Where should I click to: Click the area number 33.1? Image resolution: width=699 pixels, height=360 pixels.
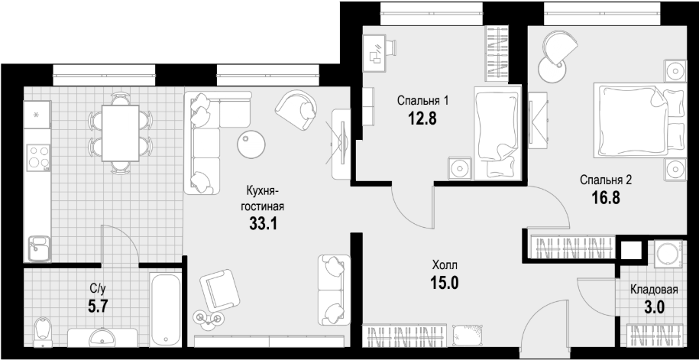click(263, 223)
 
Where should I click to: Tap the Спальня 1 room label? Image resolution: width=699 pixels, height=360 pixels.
click(422, 101)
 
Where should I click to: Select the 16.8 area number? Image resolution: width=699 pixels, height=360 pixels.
click(606, 196)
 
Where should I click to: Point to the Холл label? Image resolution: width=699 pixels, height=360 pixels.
click(445, 266)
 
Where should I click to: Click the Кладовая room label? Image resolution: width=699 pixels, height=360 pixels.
click(654, 290)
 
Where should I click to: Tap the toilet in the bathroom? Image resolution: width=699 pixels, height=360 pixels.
click(43, 332)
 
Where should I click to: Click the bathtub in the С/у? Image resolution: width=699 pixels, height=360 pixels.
click(165, 310)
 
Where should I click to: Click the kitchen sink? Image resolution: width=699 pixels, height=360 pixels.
click(39, 248)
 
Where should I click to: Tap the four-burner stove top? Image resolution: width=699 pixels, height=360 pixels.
click(38, 157)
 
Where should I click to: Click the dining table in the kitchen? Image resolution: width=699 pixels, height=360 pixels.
click(121, 133)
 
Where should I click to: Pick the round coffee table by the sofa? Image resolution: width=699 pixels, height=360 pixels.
click(251, 144)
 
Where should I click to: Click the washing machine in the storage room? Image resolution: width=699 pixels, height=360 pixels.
click(668, 255)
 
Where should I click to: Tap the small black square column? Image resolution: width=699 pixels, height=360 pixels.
click(631, 250)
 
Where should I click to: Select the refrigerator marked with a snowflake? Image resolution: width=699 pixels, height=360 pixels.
click(37, 115)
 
